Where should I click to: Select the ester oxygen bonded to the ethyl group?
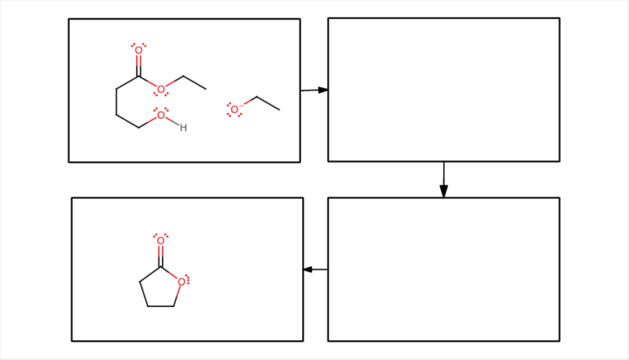coord(161,90)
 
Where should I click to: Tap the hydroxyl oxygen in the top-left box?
coord(161,115)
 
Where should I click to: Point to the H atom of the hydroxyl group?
coord(183,128)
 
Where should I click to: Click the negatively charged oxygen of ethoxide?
coord(234,110)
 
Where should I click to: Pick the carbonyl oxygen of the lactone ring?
coord(160,241)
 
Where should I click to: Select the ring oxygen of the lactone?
coord(181,282)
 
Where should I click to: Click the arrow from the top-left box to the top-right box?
coord(314,90)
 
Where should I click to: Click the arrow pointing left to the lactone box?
coord(316,269)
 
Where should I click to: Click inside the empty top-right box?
coord(443,90)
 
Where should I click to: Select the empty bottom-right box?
coord(443,269)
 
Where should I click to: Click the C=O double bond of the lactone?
coord(160,254)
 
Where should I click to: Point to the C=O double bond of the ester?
coord(138,64)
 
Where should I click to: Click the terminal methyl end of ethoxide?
coord(279,110)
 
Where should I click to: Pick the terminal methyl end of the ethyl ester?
coord(206,89)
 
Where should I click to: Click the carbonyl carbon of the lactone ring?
coord(160,267)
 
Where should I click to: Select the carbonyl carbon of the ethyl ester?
coord(138,77)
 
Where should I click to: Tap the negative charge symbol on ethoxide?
coord(241,106)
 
